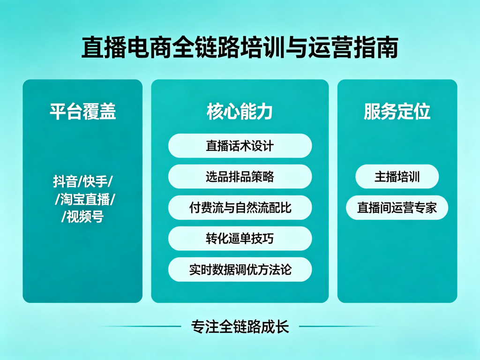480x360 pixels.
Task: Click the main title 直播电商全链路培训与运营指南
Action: click(x=240, y=47)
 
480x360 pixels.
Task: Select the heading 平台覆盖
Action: click(x=82, y=112)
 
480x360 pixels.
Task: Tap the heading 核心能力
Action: click(x=240, y=112)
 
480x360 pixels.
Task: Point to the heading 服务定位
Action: click(x=397, y=112)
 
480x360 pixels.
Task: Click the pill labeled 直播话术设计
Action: click(x=240, y=146)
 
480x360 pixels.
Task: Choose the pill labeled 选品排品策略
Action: click(x=240, y=177)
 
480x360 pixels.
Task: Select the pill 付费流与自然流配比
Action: click(x=240, y=208)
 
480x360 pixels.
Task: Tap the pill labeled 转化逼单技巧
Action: click(x=240, y=239)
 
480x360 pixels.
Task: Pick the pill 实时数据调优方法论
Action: click(x=240, y=270)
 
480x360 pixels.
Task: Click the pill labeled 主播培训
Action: click(x=397, y=177)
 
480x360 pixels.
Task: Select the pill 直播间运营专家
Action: click(x=397, y=208)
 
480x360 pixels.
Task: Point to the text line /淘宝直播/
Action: click(x=85, y=199)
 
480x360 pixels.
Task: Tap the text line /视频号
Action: click(x=82, y=217)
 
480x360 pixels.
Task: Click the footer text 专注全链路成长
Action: click(x=240, y=326)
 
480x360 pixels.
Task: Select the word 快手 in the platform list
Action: click(x=94, y=181)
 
